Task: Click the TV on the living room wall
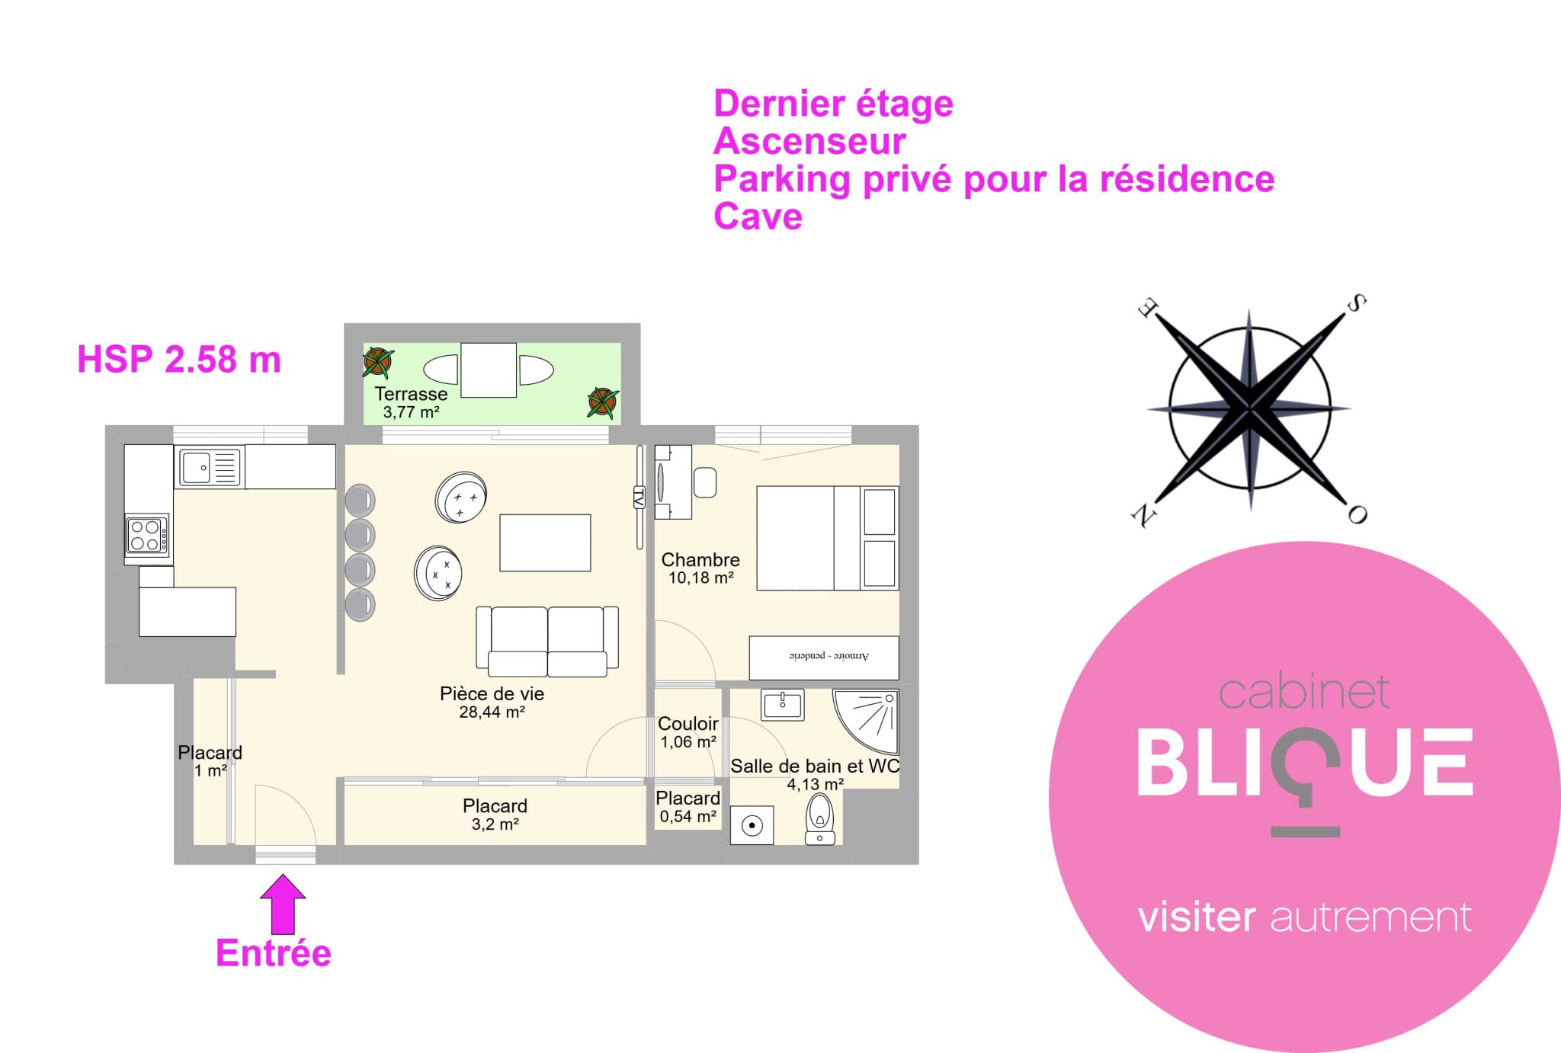coord(639,497)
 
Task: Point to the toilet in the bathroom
coord(820,818)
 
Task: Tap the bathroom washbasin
coord(782,704)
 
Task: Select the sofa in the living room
coord(547,641)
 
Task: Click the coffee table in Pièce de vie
coord(545,543)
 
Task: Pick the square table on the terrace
coord(489,370)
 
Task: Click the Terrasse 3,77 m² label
coord(411,403)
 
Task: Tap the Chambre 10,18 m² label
coord(700,568)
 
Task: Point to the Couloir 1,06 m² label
coord(688,732)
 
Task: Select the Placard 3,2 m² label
coord(495,815)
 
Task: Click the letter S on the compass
coord(1356,303)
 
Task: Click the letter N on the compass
coord(1143,517)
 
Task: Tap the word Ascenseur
coord(809,141)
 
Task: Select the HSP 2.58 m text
coord(179,360)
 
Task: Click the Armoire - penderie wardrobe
coord(824,658)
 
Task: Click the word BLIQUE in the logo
coord(1305,763)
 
